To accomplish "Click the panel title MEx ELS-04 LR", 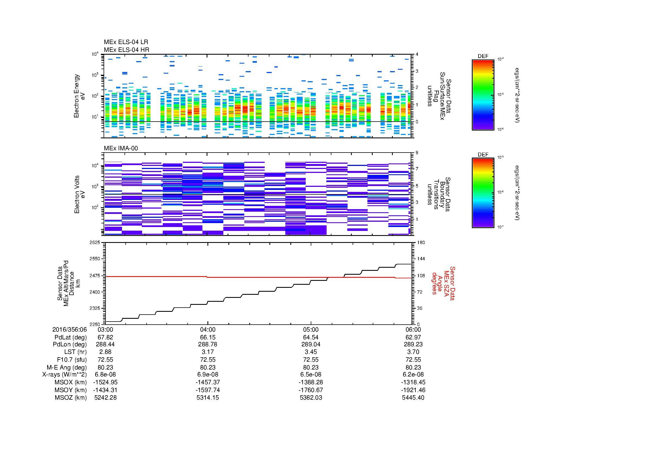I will [x=126, y=42].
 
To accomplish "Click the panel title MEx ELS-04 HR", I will [x=126, y=50].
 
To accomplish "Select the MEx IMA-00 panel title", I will [x=121, y=148].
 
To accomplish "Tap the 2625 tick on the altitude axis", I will [x=95, y=242].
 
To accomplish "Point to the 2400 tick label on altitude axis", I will [x=95, y=292].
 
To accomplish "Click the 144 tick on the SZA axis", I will [x=421, y=259].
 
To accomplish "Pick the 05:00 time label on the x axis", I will [x=310, y=329].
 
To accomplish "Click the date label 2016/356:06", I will [x=69, y=329].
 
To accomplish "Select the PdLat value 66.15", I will [x=208, y=337].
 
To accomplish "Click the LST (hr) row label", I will [x=75, y=352].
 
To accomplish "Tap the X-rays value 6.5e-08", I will [x=310, y=375].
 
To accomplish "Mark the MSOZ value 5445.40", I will [x=413, y=398].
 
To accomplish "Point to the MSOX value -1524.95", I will [x=105, y=382].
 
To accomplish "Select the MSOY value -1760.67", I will [x=310, y=390].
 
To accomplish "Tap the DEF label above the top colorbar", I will [x=483, y=56].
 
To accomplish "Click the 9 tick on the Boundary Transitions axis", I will [x=417, y=153].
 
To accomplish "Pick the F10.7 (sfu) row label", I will [x=72, y=359].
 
